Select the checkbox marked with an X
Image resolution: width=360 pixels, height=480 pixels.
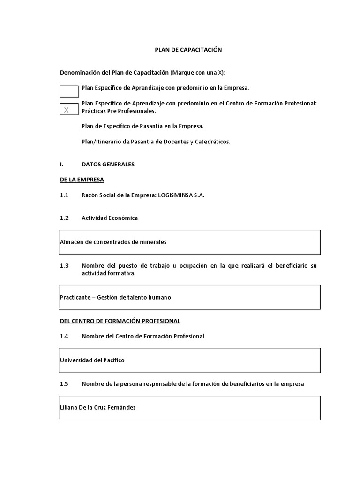[x=69, y=109]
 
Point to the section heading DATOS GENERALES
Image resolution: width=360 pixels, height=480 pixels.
[x=108, y=165]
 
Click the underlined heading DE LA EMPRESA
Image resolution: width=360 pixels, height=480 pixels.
[x=82, y=180]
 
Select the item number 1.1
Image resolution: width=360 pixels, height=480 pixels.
[x=64, y=195]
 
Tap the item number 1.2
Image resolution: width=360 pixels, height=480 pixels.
[x=64, y=218]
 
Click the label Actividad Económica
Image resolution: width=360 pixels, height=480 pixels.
[x=110, y=218]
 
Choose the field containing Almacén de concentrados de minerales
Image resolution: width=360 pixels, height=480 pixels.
[x=189, y=242]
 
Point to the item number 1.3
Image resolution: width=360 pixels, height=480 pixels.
[x=64, y=266]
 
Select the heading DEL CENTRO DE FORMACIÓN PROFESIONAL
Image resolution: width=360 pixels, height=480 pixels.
[x=120, y=321]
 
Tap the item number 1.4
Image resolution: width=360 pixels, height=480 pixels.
[x=64, y=336]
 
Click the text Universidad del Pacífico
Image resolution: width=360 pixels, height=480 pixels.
[x=92, y=360]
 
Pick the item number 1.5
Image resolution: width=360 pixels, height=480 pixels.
[x=64, y=383]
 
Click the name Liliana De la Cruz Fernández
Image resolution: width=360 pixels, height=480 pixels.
[x=97, y=408]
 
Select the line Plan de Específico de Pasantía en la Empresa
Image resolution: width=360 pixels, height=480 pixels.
[x=142, y=126]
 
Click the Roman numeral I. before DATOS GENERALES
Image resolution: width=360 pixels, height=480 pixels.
[x=61, y=165]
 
